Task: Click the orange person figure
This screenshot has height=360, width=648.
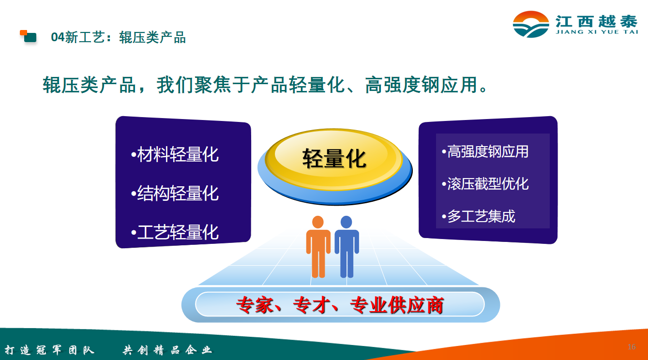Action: click(x=318, y=247)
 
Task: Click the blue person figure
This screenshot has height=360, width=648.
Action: click(x=347, y=247)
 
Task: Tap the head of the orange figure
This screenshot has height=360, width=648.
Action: click(x=318, y=222)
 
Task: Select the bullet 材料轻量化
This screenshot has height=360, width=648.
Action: click(x=175, y=154)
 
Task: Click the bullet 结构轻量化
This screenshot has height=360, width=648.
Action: click(x=175, y=193)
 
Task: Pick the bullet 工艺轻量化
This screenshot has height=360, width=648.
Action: click(x=175, y=232)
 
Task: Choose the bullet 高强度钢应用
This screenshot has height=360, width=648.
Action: click(x=485, y=151)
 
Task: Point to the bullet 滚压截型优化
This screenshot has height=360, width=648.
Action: click(x=485, y=184)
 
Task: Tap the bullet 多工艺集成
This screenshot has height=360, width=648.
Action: click(x=479, y=216)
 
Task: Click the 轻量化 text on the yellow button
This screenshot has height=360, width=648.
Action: click(x=334, y=158)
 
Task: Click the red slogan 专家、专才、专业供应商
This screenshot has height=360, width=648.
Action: click(x=340, y=305)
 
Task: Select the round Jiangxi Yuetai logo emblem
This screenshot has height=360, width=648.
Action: click(x=531, y=24)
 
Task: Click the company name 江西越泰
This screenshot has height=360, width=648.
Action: click(x=597, y=21)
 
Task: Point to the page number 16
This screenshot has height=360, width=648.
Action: click(x=632, y=347)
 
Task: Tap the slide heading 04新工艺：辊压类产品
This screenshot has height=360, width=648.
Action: click(x=118, y=38)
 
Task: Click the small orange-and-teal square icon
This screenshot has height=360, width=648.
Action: click(x=28, y=36)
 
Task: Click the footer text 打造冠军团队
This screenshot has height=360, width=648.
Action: click(x=49, y=350)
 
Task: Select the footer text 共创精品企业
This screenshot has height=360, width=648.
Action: click(x=167, y=350)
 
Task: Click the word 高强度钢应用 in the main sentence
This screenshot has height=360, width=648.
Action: click(x=421, y=85)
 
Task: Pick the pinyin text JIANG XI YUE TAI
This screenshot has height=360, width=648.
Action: click(x=597, y=32)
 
